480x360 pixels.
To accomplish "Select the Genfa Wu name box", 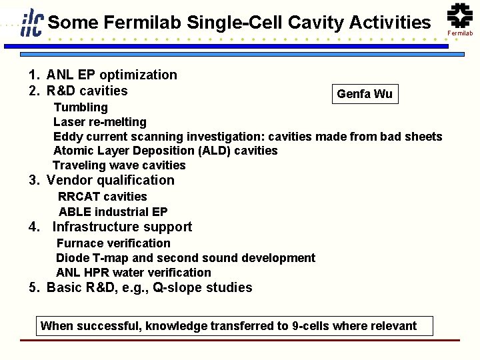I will [x=365, y=94].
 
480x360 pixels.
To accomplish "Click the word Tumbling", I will [x=80, y=107].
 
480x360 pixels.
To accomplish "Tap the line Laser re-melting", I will [x=99, y=122].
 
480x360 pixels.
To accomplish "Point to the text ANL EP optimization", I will [x=112, y=75].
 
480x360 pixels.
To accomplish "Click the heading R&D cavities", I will [x=87, y=90].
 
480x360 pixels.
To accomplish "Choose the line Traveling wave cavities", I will [x=119, y=165].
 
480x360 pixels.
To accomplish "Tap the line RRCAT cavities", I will [x=103, y=197].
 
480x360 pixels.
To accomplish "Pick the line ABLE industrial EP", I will [x=113, y=212].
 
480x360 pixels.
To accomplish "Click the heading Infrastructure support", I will [x=122, y=227].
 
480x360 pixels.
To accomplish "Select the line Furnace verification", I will [x=113, y=243].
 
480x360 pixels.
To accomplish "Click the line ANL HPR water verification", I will [x=133, y=273].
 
